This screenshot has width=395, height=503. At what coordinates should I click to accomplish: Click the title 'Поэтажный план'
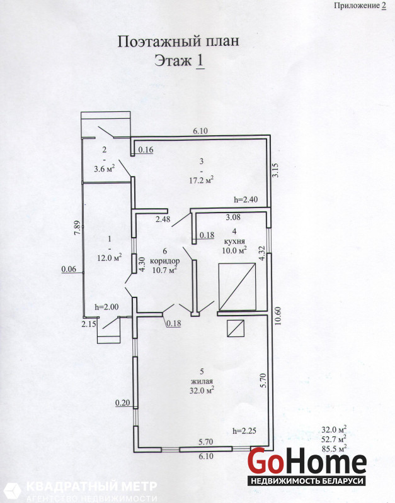pyautogui.click(x=178, y=41)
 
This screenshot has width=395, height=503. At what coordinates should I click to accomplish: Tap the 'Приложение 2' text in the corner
pyautogui.click(x=360, y=6)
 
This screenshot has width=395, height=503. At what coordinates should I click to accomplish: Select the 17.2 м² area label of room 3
pyautogui.click(x=202, y=180)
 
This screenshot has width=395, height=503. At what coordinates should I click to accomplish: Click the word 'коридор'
pyautogui.click(x=165, y=261)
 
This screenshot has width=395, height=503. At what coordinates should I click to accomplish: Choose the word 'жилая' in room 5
pyautogui.click(x=202, y=382)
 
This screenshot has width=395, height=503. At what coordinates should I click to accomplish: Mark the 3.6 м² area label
pyautogui.click(x=105, y=169)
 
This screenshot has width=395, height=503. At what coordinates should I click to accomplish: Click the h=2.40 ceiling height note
pyautogui.click(x=246, y=199)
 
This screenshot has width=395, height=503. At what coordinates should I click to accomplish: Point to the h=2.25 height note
pyautogui.click(x=244, y=431)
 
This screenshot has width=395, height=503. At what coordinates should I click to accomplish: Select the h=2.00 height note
pyautogui.click(x=106, y=307)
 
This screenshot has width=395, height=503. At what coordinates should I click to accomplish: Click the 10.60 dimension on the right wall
pyautogui.click(x=278, y=316)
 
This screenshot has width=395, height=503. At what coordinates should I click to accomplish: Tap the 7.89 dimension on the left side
pyautogui.click(x=77, y=228)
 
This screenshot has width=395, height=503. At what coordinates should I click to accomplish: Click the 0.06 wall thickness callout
pyautogui.click(x=69, y=269)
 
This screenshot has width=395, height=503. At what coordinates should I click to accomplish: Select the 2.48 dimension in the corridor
pyautogui.click(x=163, y=219)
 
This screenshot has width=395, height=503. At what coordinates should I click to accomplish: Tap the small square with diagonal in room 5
pyautogui.click(x=236, y=328)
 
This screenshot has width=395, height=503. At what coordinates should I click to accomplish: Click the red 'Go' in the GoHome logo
pyautogui.click(x=265, y=461)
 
